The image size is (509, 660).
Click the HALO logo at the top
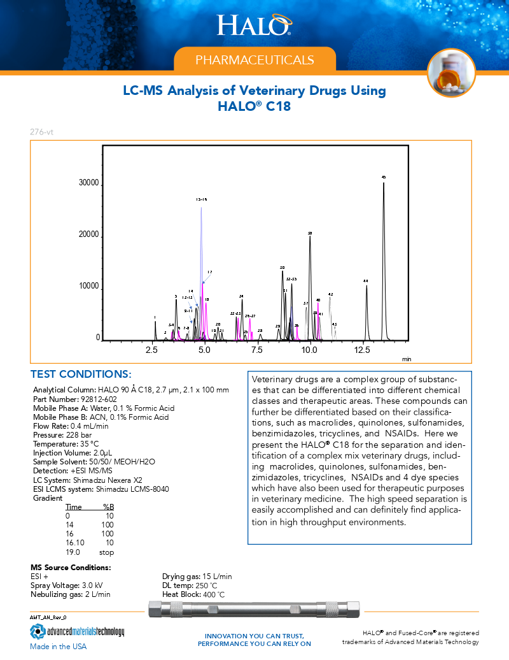tap(254, 25)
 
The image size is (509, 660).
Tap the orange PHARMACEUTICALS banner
tap(254, 60)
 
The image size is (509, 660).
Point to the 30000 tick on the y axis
tap(88, 183)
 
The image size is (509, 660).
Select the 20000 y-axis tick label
tap(88, 236)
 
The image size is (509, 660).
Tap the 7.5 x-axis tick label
tap(257, 350)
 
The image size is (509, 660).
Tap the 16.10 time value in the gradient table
tap(76, 543)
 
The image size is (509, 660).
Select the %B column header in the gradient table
tap(108, 507)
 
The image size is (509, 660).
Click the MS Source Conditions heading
tap(71, 567)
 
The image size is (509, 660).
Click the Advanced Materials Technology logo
tap(77, 632)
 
